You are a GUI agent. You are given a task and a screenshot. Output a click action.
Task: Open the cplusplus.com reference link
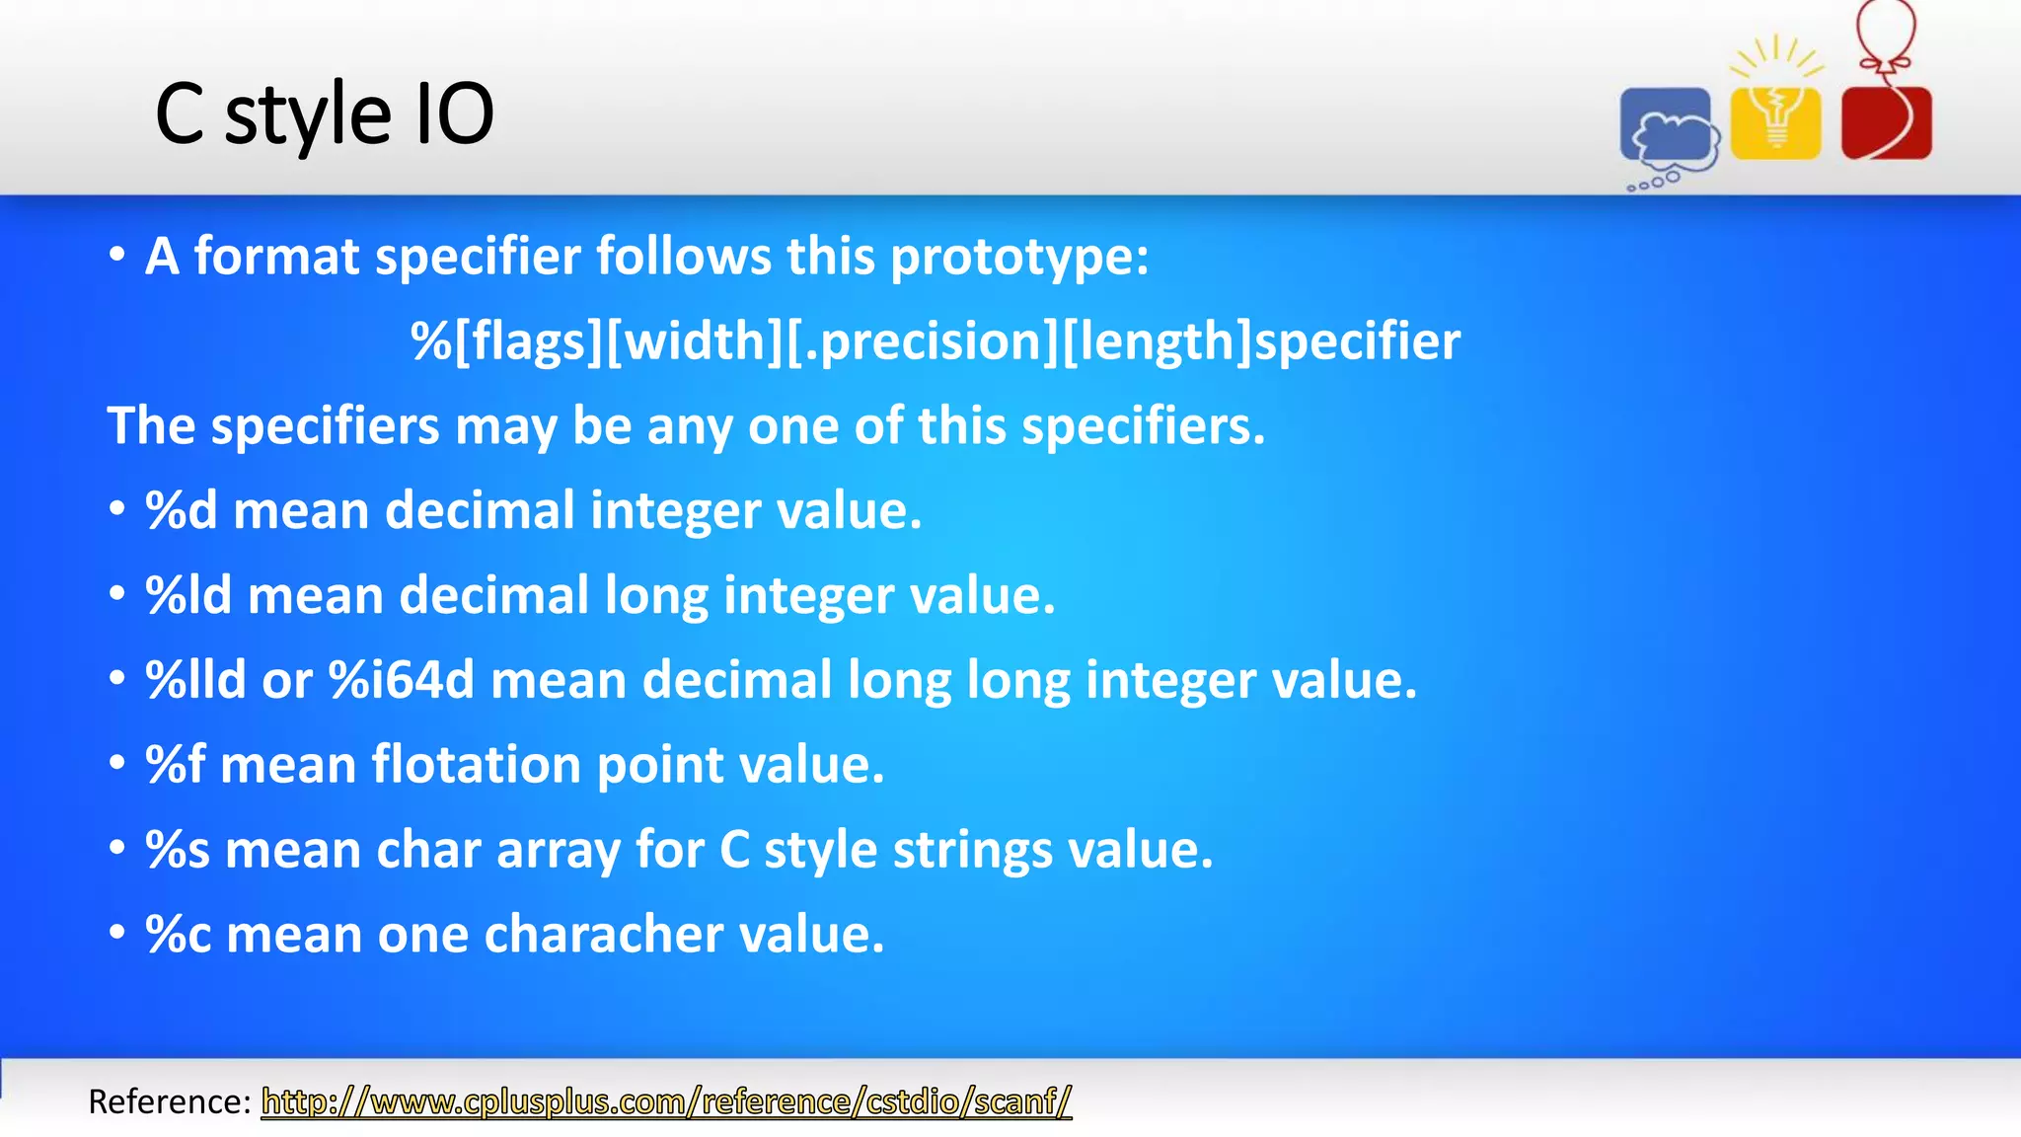pyautogui.click(x=666, y=1101)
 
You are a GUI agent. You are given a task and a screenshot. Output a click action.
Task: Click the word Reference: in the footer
pyautogui.click(x=170, y=1101)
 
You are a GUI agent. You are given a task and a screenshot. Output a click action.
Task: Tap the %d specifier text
pyautogui.click(x=181, y=511)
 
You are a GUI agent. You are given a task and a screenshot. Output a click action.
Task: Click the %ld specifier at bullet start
pyautogui.click(x=187, y=596)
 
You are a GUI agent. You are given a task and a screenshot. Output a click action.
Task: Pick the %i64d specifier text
pyautogui.click(x=402, y=681)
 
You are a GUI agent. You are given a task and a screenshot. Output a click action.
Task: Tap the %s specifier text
pyautogui.click(x=178, y=850)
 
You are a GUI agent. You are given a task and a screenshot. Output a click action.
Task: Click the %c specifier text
pyautogui.click(x=178, y=935)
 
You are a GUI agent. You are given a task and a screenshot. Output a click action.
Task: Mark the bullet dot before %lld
pyautogui.click(x=117, y=680)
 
